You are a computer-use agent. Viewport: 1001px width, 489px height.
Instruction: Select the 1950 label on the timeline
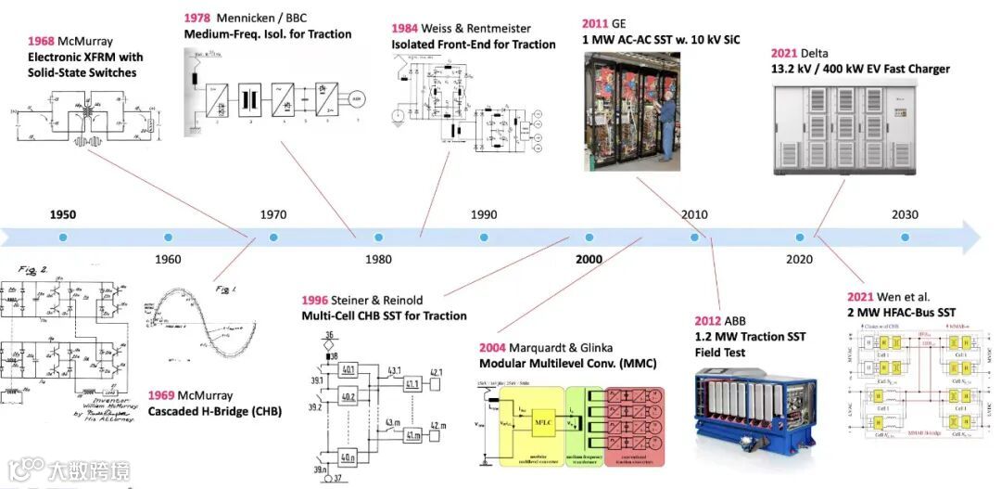(63, 214)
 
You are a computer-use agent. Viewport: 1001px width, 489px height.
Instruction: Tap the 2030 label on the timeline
(905, 214)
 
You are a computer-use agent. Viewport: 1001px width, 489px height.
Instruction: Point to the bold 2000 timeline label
(589, 259)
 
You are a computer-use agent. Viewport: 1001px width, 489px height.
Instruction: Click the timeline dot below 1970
(273, 238)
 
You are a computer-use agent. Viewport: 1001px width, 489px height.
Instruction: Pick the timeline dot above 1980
(378, 238)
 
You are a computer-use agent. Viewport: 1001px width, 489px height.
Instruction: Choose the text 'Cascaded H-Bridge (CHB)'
(215, 410)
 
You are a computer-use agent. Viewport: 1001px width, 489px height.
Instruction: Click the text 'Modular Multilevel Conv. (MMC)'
(567, 363)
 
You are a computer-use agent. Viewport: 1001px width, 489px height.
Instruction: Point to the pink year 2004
(495, 347)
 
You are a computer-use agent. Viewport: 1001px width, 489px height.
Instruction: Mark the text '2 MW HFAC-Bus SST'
(902, 313)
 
